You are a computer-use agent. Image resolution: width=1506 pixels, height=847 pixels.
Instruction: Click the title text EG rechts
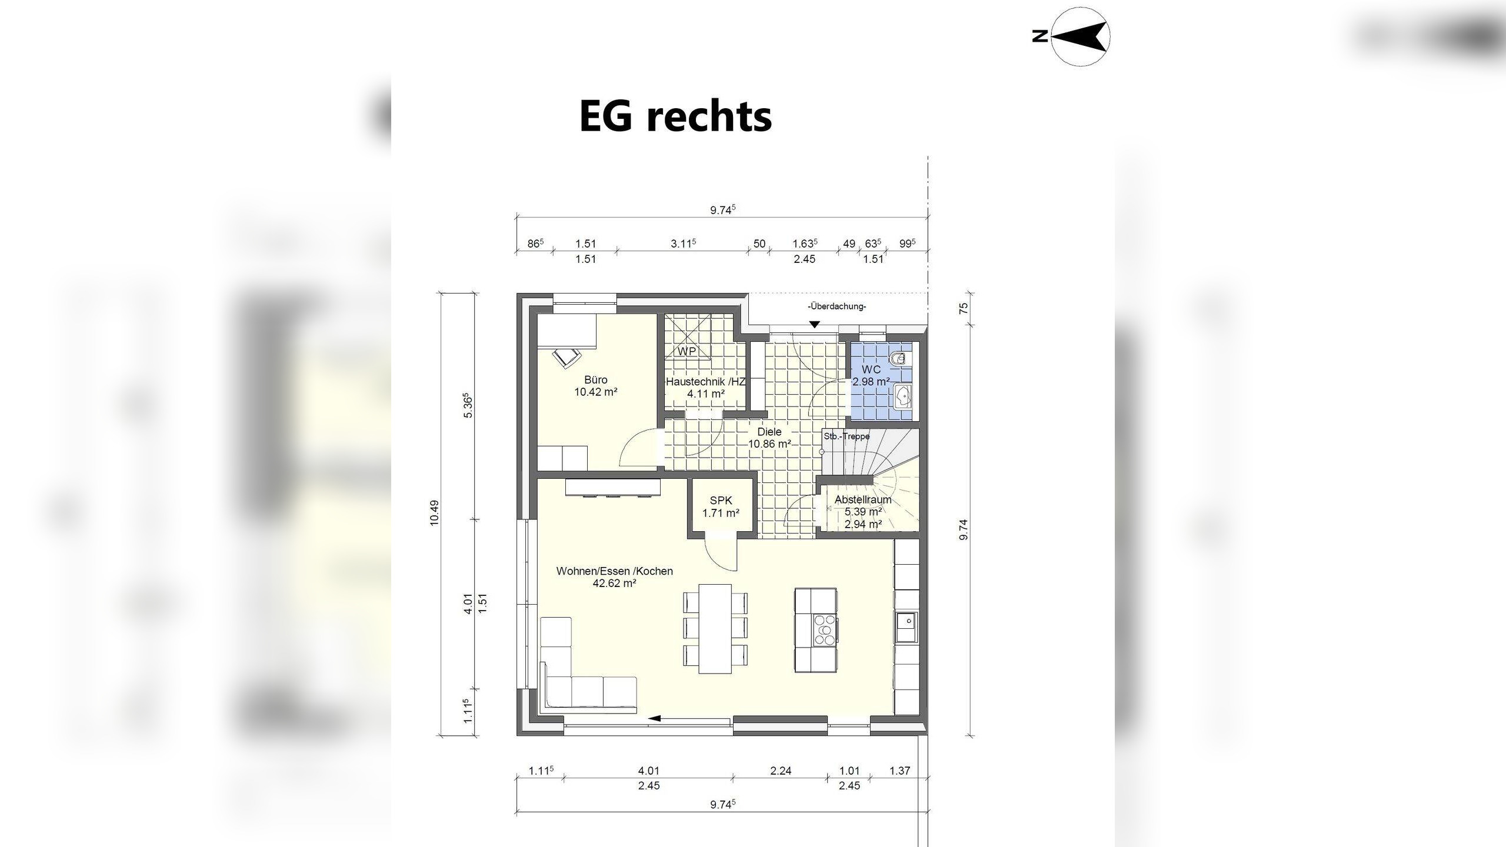click(675, 117)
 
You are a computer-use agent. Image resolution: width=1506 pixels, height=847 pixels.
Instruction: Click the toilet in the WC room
click(901, 359)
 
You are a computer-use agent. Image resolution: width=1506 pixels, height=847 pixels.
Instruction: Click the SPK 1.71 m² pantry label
click(721, 506)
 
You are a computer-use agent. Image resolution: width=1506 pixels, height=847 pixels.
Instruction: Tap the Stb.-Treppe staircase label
click(847, 436)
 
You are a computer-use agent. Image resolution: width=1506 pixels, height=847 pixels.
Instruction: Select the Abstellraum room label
click(863, 499)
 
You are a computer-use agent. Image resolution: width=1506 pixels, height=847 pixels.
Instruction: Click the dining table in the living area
click(715, 628)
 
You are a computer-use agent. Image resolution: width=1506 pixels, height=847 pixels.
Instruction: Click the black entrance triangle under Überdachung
click(814, 324)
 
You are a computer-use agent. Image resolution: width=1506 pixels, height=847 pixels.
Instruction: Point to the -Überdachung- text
click(837, 306)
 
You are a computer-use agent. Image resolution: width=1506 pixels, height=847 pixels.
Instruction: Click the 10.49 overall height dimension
click(434, 512)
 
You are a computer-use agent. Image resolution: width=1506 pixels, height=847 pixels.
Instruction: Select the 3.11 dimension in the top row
click(683, 243)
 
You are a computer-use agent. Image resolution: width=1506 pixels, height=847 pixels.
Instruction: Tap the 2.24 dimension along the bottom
click(781, 771)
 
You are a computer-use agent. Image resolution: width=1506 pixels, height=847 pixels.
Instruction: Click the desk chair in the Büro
click(565, 357)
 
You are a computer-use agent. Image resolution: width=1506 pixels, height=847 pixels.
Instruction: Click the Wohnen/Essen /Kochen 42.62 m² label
click(615, 577)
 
